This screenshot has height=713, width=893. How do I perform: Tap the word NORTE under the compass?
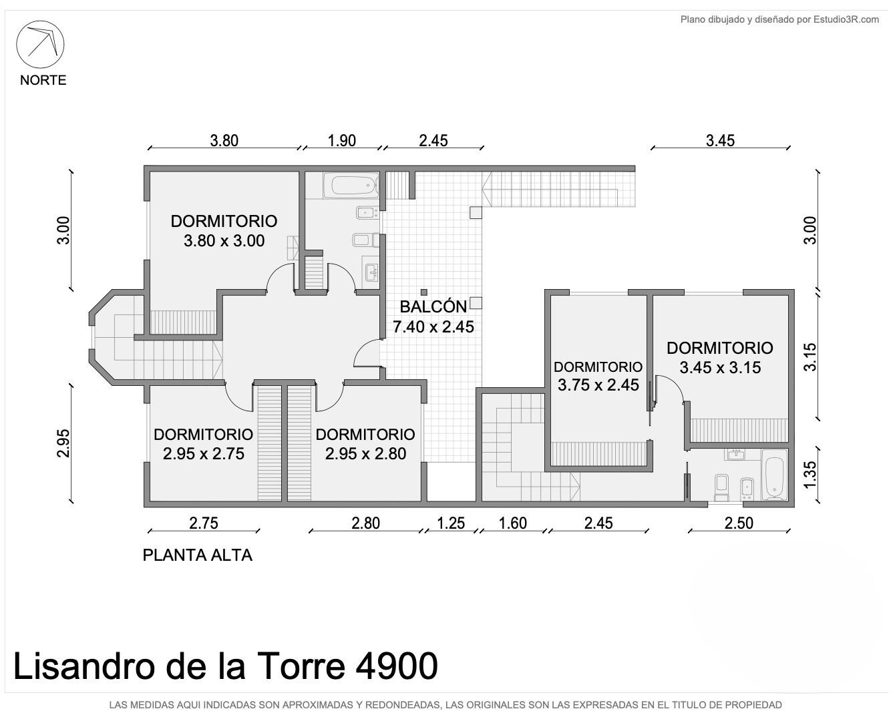pyautogui.click(x=43, y=80)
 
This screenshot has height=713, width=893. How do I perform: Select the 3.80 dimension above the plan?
pyautogui.click(x=224, y=141)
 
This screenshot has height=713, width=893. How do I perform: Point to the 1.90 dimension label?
pyautogui.click(x=341, y=141)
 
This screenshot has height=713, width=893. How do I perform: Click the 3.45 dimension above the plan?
pyautogui.click(x=721, y=141)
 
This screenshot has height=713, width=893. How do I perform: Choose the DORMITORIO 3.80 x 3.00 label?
pyautogui.click(x=224, y=230)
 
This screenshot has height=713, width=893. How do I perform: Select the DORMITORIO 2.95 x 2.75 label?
pyautogui.click(x=203, y=444)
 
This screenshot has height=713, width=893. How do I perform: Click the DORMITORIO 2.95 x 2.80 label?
pyautogui.click(x=365, y=444)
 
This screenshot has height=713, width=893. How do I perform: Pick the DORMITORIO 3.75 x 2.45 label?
pyautogui.click(x=598, y=376)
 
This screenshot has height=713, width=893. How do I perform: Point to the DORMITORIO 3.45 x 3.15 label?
pyautogui.click(x=720, y=358)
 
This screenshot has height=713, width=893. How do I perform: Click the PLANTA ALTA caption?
pyautogui.click(x=198, y=555)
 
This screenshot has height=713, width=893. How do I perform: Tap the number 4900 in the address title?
pyautogui.click(x=397, y=666)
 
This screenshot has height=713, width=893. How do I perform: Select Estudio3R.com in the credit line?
pyautogui.click(x=846, y=19)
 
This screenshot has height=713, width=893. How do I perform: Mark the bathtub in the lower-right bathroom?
pyautogui.click(x=774, y=475)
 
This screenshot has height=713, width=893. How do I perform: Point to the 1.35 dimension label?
pyautogui.click(x=810, y=475)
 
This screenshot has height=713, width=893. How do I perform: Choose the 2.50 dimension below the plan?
pyautogui.click(x=739, y=523)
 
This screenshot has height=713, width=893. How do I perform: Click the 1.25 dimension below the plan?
pyautogui.click(x=451, y=523)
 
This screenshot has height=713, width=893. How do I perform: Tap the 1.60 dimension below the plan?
pyautogui.click(x=512, y=523)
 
